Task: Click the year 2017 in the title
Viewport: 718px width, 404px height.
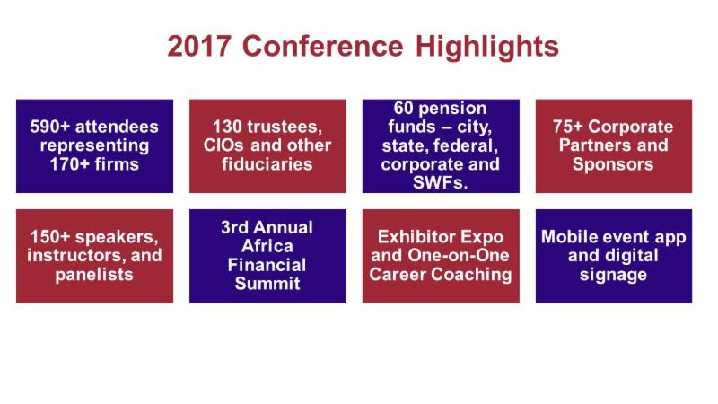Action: pos(198,47)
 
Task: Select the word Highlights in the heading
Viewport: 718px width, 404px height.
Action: pos(487,48)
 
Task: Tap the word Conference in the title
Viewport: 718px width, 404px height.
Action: pos(322,47)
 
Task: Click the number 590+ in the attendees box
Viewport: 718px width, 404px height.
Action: pos(50,127)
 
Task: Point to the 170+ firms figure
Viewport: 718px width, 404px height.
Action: pos(94,164)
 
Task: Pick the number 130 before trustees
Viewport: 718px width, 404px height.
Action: pos(227,127)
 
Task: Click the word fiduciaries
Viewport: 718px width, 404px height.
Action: pos(267,164)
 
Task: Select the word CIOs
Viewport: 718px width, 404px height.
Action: pos(223,145)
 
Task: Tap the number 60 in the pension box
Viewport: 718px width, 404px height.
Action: pos(403,108)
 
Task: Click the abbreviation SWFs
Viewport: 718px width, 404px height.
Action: pos(441,183)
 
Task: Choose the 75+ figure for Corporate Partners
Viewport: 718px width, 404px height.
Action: pos(567,127)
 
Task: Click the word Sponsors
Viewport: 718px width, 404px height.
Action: pos(613,164)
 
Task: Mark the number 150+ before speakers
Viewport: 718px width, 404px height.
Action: pos(50,237)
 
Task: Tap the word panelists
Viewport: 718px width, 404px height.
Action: pos(94,275)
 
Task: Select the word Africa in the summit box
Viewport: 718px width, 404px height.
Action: pos(267,246)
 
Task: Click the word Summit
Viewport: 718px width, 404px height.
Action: pos(267,284)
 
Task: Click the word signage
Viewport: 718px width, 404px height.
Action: pos(613,275)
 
